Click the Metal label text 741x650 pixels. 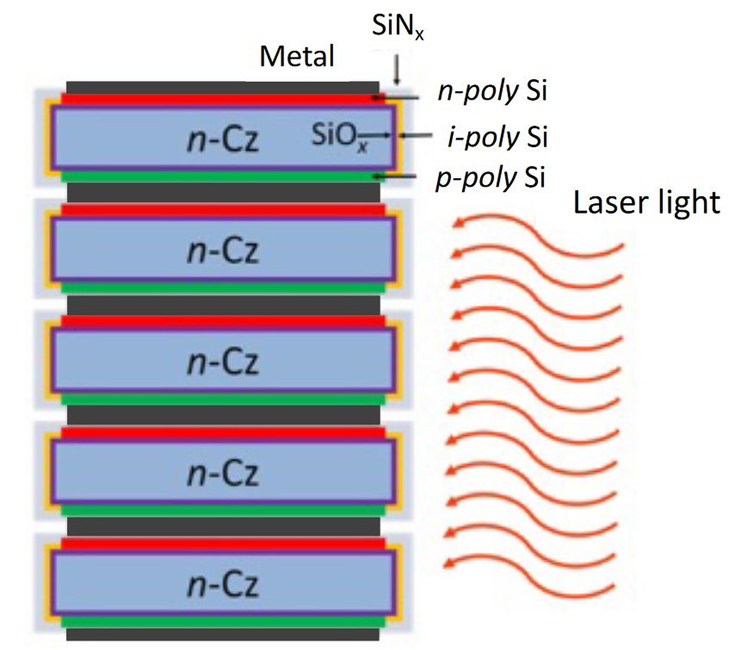pos(297,56)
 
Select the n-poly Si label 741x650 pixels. pos(492,91)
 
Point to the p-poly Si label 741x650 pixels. pos(491,177)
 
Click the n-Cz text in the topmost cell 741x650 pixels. pos(223,139)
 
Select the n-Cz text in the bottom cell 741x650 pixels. pos(223,585)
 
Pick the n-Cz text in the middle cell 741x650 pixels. pos(223,362)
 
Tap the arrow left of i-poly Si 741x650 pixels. pos(416,136)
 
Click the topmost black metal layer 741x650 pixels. pos(222,87)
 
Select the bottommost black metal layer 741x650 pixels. pos(222,634)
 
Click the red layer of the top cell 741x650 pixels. pos(222,99)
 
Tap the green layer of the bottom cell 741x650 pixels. pos(222,621)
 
